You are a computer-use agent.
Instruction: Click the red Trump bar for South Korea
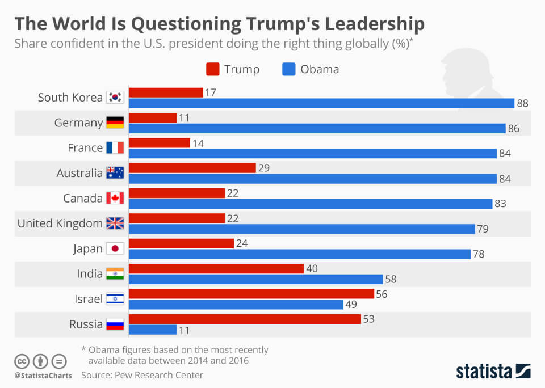click(x=166, y=92)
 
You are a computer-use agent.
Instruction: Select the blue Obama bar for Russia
click(x=153, y=330)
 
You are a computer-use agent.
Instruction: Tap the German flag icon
click(x=115, y=123)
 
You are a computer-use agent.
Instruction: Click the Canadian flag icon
click(x=115, y=198)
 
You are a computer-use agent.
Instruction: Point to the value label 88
click(x=523, y=103)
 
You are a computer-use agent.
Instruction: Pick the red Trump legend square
click(x=212, y=69)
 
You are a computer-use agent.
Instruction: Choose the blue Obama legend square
click(x=288, y=69)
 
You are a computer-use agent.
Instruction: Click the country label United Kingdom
click(x=60, y=223)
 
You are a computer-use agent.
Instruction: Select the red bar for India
click(x=216, y=268)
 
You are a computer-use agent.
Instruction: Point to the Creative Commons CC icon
click(x=22, y=361)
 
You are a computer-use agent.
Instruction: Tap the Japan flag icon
click(x=115, y=248)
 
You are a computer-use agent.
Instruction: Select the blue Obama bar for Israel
click(x=236, y=305)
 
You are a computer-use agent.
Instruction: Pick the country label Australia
click(x=79, y=173)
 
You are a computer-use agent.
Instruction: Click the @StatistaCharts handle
click(x=43, y=375)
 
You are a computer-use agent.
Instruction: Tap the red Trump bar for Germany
click(x=153, y=117)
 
